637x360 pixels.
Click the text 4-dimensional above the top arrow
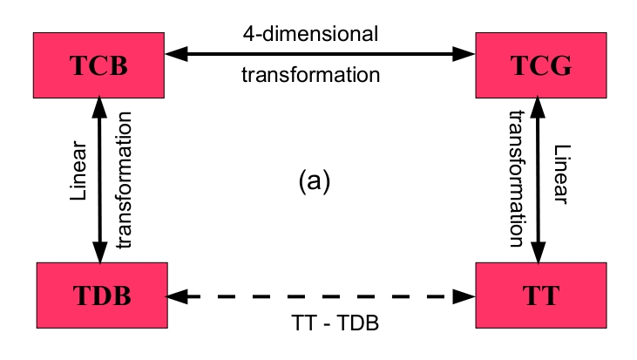coord(310,36)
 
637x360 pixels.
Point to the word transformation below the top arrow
coord(310,76)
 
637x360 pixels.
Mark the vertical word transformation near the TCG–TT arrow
coord(515,180)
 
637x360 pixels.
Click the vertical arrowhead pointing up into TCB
coord(100,108)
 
